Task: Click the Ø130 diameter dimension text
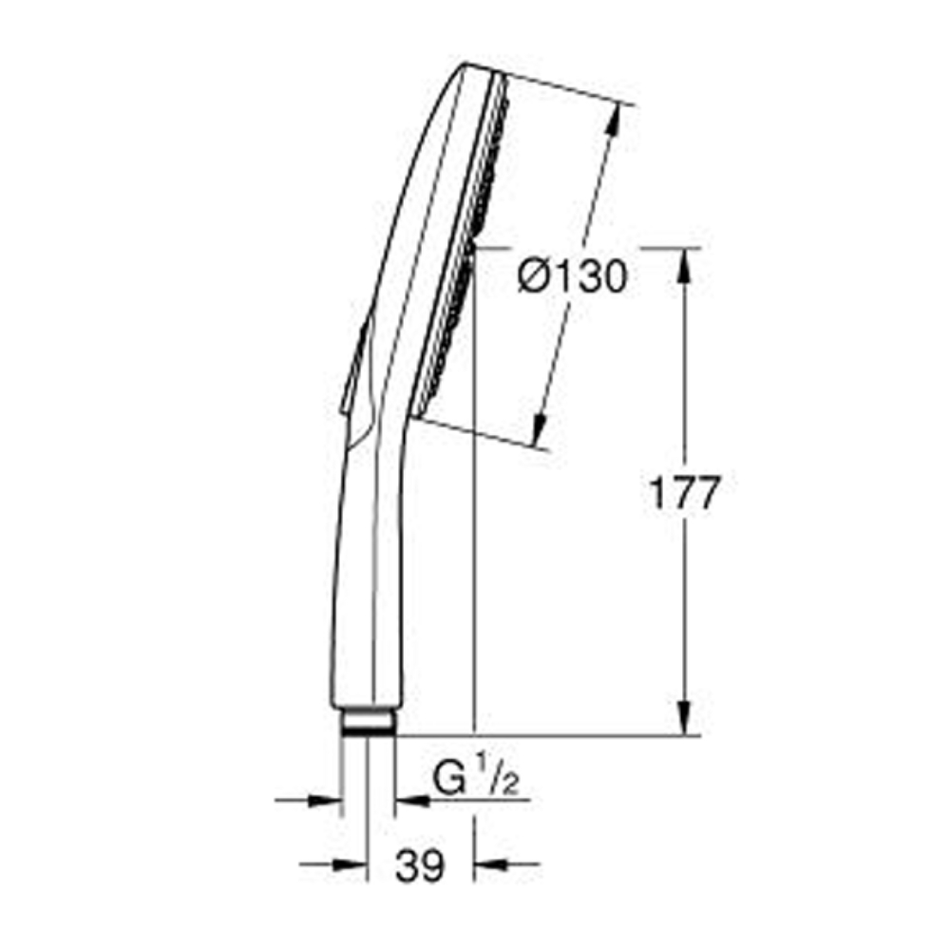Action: click(573, 278)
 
